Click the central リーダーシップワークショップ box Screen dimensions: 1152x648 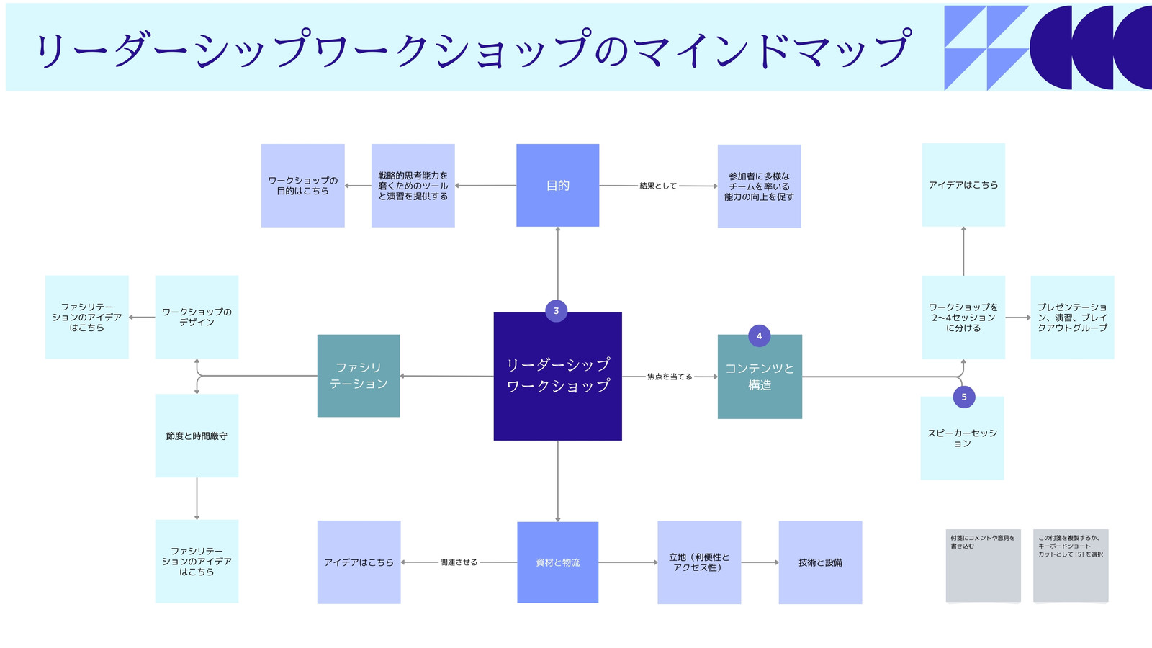pos(557,376)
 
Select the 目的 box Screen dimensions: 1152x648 pos(557,185)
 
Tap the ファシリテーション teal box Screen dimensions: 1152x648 pos(359,375)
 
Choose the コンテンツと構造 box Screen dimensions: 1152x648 pos(760,377)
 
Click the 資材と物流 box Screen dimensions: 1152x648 pos(557,562)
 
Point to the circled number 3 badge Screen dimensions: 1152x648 pos(556,310)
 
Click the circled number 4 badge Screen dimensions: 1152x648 pos(759,336)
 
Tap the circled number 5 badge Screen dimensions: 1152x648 pos(964,397)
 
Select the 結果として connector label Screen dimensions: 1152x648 pos(658,186)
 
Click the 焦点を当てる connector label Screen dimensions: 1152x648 pos(670,377)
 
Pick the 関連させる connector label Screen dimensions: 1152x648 pos(459,562)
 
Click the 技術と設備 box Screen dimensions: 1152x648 pos(820,562)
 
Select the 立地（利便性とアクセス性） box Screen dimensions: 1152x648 pos(699,562)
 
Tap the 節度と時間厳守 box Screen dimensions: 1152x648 pos(197,436)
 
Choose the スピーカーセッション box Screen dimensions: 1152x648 pos(962,438)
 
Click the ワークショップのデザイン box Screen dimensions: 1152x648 pos(197,317)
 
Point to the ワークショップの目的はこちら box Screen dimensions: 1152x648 pos(303,186)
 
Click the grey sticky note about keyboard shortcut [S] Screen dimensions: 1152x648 pos(1071,565)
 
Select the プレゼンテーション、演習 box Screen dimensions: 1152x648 pos(1072,318)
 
